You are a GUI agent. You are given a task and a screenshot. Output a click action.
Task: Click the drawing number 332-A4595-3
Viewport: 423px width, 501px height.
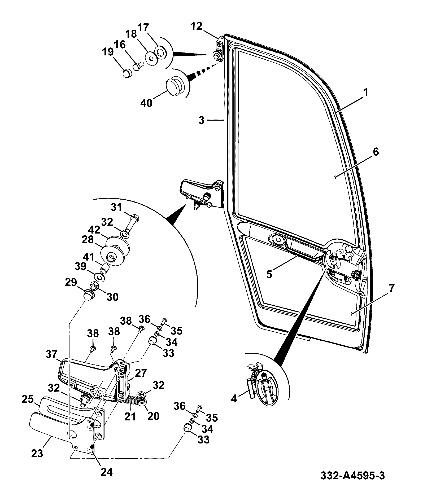pyautogui.click(x=352, y=476)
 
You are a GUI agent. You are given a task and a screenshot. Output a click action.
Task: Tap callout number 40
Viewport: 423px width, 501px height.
pyautogui.click(x=146, y=102)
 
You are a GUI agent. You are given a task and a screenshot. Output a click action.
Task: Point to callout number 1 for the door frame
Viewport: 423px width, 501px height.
pyautogui.click(x=365, y=92)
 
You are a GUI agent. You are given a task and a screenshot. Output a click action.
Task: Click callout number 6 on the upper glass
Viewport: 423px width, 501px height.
pyautogui.click(x=376, y=152)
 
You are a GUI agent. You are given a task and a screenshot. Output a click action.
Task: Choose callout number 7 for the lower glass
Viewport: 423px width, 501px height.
pyautogui.click(x=392, y=288)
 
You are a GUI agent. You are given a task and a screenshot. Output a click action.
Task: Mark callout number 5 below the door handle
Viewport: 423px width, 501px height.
pyautogui.click(x=269, y=274)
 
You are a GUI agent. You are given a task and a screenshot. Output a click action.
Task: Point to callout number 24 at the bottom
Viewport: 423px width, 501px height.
pyautogui.click(x=106, y=472)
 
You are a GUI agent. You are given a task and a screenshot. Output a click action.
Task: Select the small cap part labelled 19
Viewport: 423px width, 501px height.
pyautogui.click(x=128, y=73)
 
